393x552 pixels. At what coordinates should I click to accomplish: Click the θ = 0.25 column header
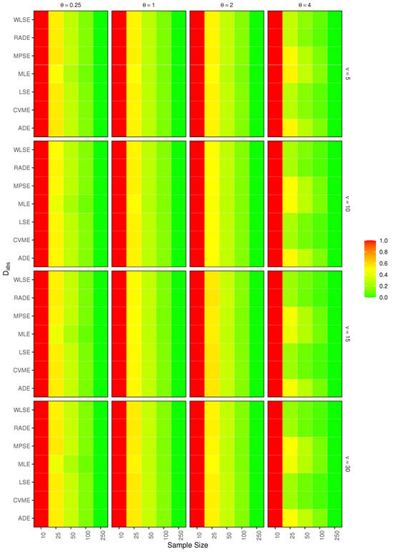(70, 4)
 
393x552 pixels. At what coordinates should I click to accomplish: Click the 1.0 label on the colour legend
(384, 242)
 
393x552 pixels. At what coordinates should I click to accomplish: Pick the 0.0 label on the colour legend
(384, 296)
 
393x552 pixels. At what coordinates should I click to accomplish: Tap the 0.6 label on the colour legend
(384, 264)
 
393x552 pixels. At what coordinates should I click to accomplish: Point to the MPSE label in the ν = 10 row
(21, 185)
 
